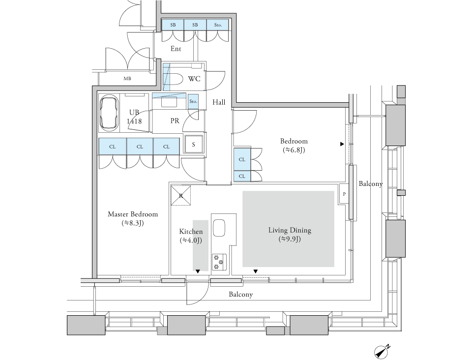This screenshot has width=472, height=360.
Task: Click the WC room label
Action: click(194, 79)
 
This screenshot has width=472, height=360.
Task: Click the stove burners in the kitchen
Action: click(218, 261)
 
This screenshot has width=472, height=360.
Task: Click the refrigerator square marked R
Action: click(180, 195)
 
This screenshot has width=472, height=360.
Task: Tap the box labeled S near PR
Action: click(194, 145)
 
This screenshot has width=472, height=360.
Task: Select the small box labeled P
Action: click(344, 194)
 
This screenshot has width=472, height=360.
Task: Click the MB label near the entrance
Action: click(127, 78)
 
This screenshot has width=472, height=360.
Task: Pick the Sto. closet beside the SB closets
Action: click(218, 25)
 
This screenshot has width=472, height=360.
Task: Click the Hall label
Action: click(219, 102)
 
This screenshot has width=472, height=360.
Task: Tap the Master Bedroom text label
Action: click(133, 214)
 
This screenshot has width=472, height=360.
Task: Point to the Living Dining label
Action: click(290, 230)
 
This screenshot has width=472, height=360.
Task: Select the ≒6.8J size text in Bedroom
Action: click(294, 150)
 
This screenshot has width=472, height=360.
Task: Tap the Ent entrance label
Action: click(176, 49)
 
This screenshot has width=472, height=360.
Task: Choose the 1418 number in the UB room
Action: click(134, 120)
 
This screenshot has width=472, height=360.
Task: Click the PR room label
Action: click(175, 120)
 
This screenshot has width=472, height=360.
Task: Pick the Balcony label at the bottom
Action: click(241, 295)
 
